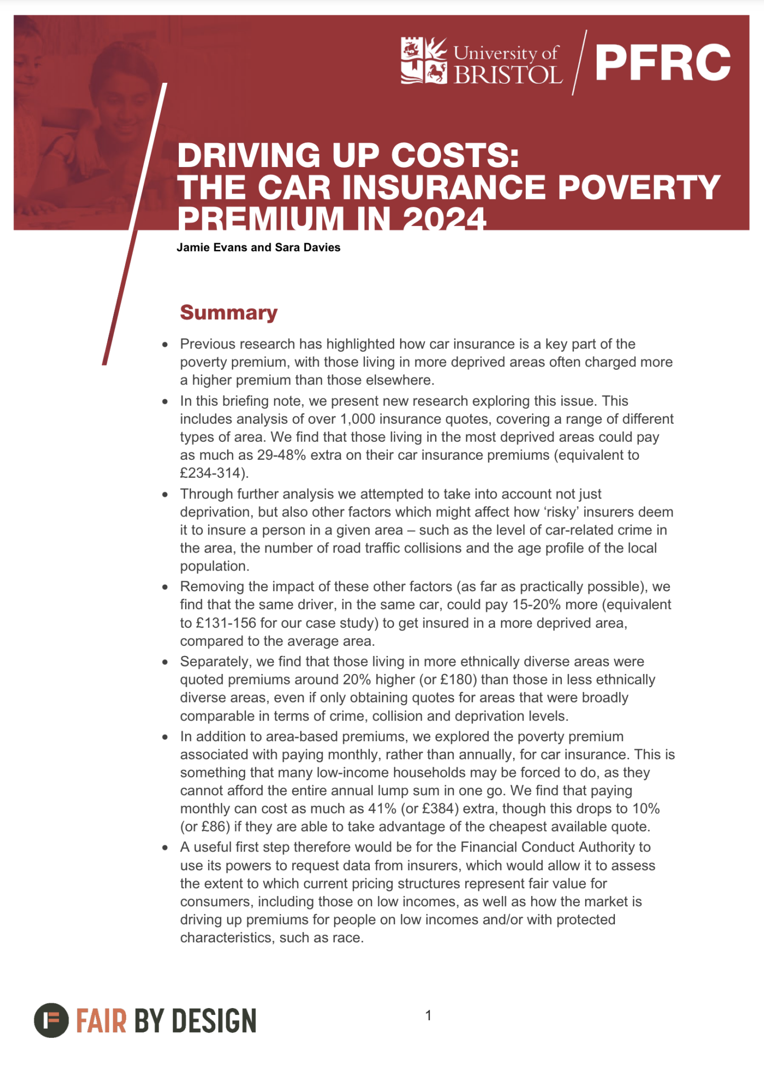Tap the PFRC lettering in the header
[x=663, y=63]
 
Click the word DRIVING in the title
[x=248, y=156]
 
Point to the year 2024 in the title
[x=444, y=218]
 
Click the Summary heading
[x=229, y=312]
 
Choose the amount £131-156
[x=218, y=623]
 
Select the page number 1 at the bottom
[x=429, y=1015]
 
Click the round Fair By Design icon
[x=51, y=1020]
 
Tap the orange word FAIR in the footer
[x=101, y=1021]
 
